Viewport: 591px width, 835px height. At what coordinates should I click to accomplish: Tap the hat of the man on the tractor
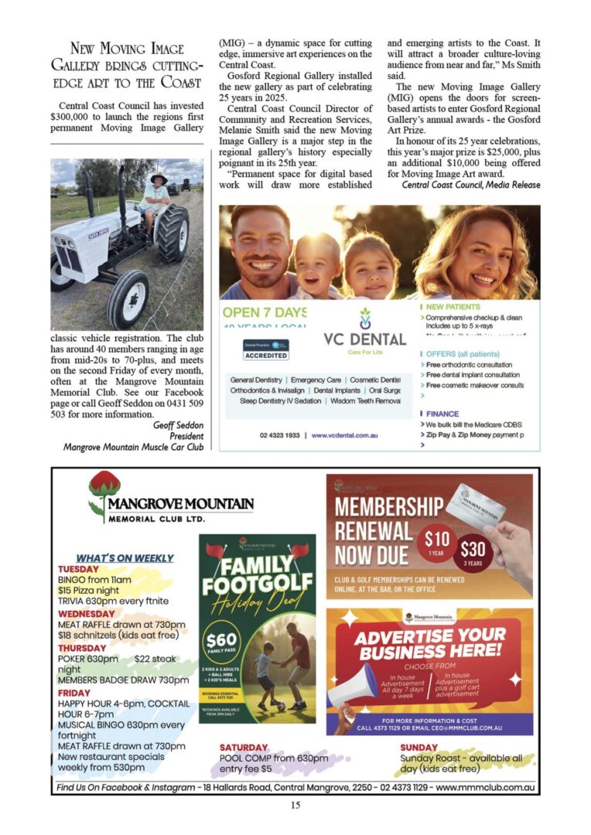point(159,178)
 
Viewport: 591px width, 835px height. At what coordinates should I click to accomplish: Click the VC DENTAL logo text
point(364,339)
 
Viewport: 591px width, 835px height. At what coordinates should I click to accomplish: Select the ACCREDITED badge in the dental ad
point(265,356)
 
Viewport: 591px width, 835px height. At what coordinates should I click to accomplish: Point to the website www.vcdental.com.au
point(344,436)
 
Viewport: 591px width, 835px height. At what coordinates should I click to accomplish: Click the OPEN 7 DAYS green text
point(264,312)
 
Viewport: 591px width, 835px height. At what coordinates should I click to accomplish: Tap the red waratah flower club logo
point(104,490)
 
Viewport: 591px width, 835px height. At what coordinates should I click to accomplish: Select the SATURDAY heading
point(244,748)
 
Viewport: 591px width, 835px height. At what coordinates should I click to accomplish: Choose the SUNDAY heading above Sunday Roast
point(419,748)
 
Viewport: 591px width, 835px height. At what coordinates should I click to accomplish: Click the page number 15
point(295,805)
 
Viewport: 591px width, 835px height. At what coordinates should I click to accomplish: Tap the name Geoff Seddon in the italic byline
point(178,424)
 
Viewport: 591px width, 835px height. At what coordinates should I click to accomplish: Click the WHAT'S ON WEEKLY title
point(125,557)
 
